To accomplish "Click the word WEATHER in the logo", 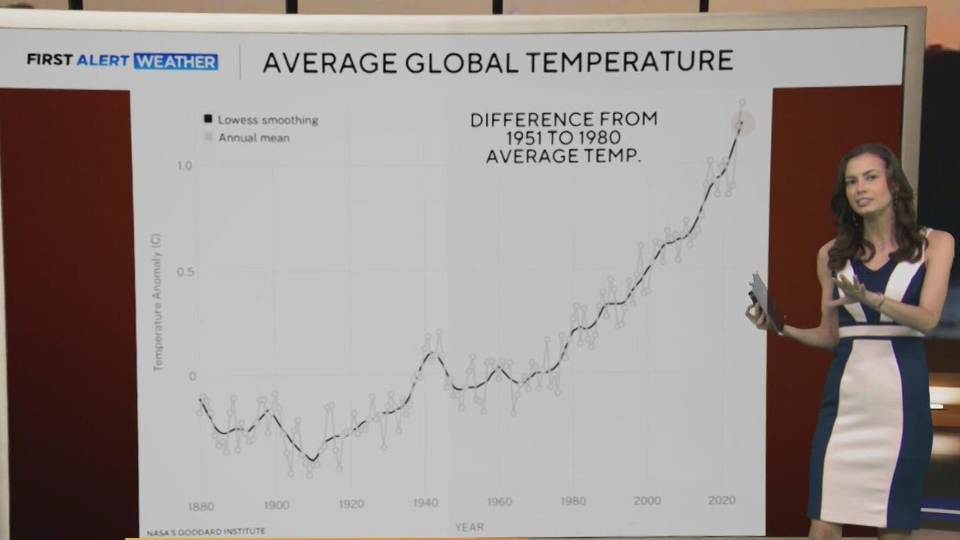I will point(176,61).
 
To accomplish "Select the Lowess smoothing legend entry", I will point(267,120).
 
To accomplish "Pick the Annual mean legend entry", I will point(253,138).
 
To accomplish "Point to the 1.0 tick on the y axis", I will point(184,166).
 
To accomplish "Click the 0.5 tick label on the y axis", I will point(184,271).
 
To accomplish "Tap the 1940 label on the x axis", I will point(425,502).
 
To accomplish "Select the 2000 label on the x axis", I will point(647,500).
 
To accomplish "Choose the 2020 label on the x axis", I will point(721,500).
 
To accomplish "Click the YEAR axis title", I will point(469,527).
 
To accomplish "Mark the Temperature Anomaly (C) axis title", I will point(157,301).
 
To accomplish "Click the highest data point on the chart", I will point(742,102).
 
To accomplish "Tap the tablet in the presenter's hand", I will point(766,302).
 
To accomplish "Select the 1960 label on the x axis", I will point(499,502).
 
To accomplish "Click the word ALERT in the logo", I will point(103,61).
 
